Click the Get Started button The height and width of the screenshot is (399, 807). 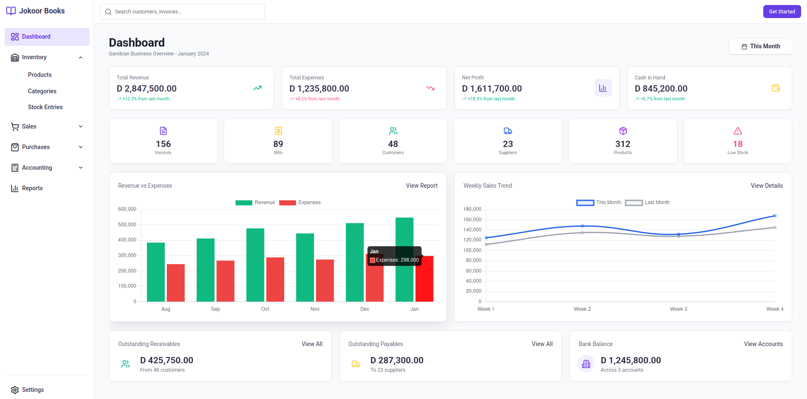coord(781,12)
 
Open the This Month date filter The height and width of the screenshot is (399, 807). coord(760,46)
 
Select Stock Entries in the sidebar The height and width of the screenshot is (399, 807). coord(45,107)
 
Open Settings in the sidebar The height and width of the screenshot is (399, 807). coord(32,390)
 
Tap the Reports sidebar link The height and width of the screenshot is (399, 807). coord(32,188)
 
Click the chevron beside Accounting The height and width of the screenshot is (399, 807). coord(81,168)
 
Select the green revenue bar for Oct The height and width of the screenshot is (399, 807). coord(255,265)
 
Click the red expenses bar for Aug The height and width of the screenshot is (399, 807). coord(176,282)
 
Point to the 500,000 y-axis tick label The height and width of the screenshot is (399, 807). coord(127,225)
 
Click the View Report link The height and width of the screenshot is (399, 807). coord(421,186)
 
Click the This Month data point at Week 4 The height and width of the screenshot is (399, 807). coord(775,216)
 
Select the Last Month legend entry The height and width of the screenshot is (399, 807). coord(647,202)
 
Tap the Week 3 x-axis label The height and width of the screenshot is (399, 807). coord(678,309)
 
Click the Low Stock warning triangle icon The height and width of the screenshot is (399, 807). coord(737,131)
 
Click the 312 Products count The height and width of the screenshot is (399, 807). coord(622,144)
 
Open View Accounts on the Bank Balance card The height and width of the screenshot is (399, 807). coord(763,344)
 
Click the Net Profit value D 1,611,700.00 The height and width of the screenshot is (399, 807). coord(491,89)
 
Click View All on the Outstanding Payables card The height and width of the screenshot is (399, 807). coord(542,344)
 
